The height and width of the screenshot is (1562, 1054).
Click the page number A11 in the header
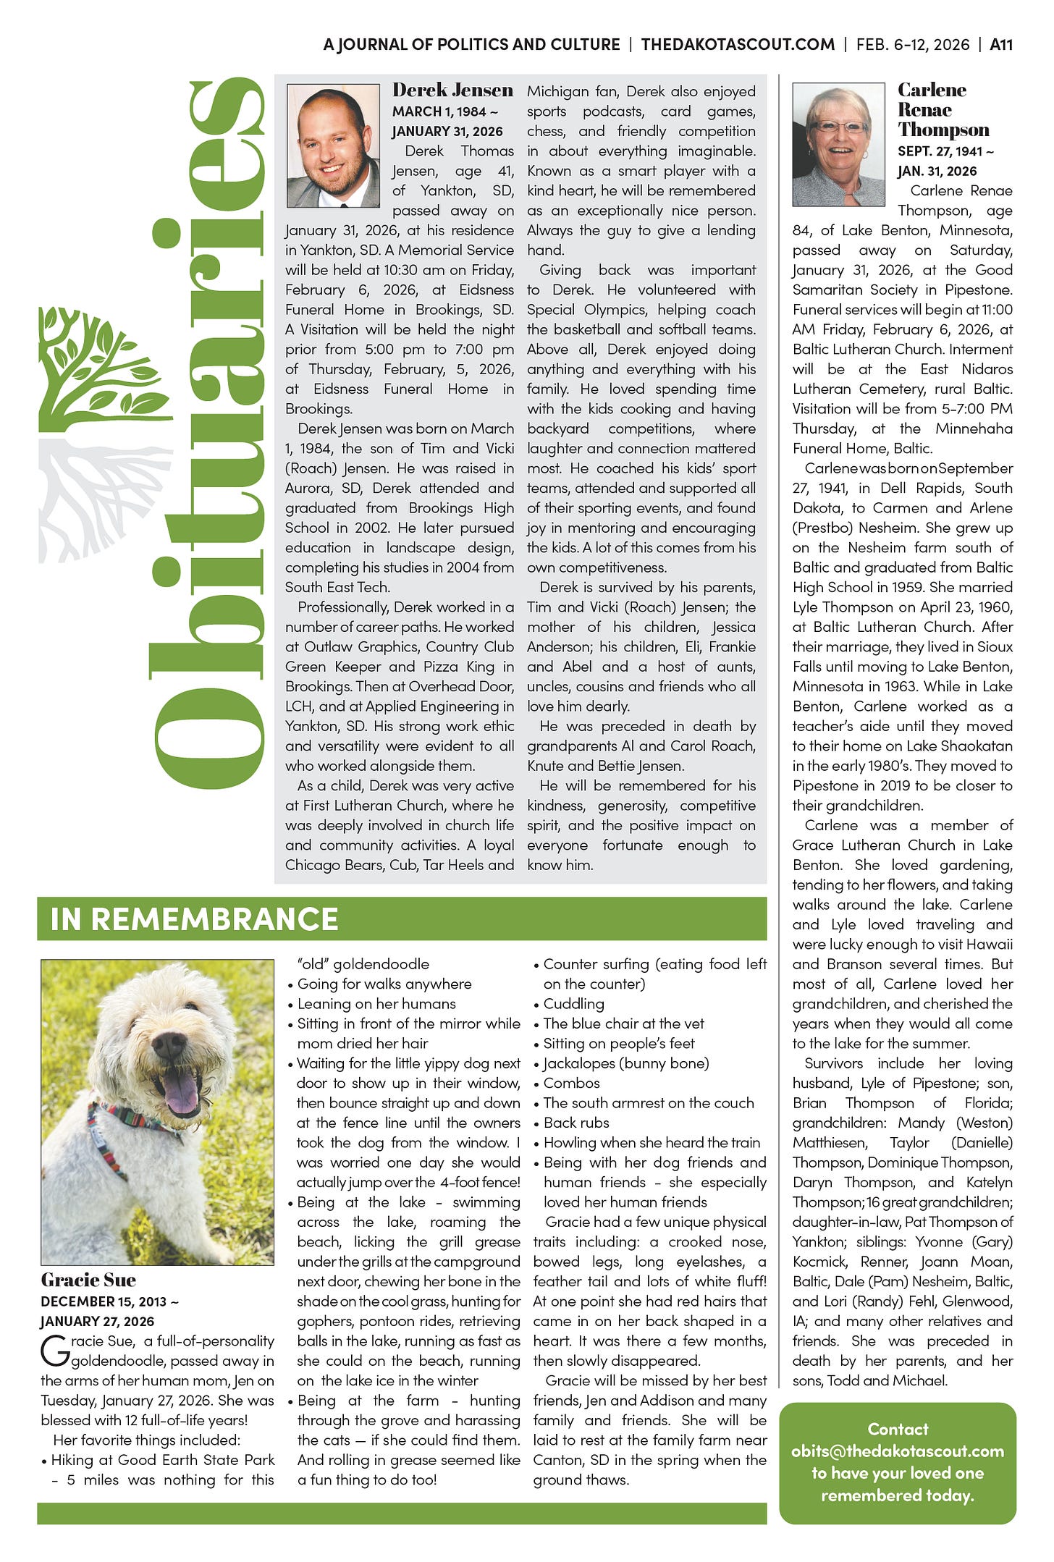1000,45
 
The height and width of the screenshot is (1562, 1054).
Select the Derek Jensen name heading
452,90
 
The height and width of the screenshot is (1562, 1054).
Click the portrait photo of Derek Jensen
333,146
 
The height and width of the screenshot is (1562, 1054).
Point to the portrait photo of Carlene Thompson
838,145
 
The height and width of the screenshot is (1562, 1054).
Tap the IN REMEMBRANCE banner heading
194,919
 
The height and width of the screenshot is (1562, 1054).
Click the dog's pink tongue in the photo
181,1092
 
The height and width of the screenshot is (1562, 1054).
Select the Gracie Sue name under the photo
88,1280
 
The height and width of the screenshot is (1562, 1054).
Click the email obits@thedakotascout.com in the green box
897,1451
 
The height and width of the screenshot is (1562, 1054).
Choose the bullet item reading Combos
571,1084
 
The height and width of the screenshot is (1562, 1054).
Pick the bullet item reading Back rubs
576,1123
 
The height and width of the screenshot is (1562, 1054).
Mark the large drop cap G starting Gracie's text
55,1349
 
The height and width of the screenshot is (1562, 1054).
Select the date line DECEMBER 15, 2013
109,1301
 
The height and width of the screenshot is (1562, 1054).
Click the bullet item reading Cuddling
573,1004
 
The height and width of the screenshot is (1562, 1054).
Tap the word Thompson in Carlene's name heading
943,130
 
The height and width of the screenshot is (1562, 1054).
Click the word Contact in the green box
898,1430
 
